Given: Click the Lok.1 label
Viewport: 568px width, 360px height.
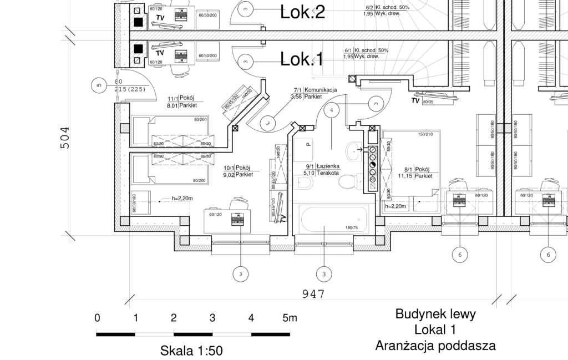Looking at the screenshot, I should pos(302,59).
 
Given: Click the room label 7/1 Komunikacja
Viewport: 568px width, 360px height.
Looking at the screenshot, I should pos(321,90).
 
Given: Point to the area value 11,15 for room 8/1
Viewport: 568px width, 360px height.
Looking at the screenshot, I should pos(407,176).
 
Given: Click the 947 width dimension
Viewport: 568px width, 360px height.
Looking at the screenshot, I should pos(313,294).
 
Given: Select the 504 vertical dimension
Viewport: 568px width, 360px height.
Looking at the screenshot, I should pos(65,138).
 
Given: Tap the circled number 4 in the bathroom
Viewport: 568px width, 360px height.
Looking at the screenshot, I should pos(332,110).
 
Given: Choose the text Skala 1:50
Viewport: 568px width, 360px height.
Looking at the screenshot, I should pos(191,351).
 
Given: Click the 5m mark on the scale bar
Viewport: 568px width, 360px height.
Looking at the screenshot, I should pos(290,318).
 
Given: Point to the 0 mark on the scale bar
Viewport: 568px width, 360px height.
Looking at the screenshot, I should pos(97,318).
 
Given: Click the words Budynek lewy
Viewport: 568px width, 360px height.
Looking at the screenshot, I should pos(435,315).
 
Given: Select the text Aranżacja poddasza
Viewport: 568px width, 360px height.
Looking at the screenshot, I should pos(435,346).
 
